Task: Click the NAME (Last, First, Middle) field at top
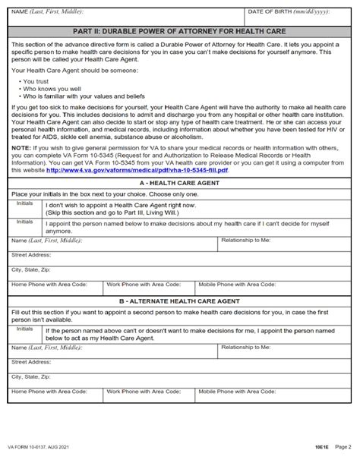pos(125,16)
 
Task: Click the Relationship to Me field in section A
pos(284,245)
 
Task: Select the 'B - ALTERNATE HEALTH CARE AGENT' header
pos(180,303)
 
